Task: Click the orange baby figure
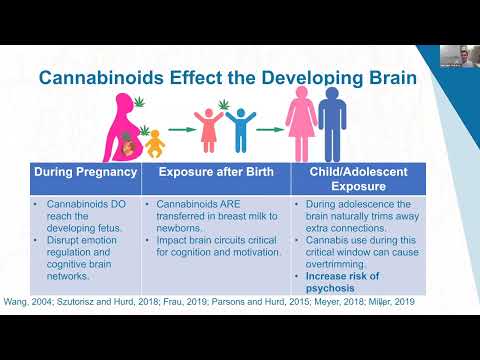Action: coord(156,146)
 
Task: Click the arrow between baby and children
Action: coord(181,130)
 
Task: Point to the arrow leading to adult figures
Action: coord(267,130)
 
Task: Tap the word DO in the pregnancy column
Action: coord(112,204)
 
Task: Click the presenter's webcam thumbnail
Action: coord(458,56)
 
